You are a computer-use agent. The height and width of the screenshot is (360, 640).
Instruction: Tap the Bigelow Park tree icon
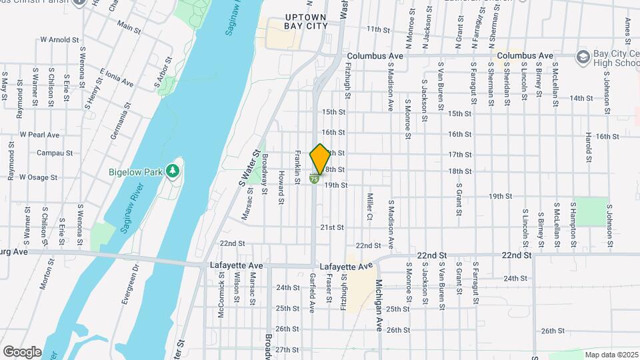click(x=173, y=171)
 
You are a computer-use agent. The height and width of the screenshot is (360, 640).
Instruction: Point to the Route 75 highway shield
click(x=314, y=179)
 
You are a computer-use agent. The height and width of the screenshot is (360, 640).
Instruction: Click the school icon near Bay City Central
click(x=583, y=55)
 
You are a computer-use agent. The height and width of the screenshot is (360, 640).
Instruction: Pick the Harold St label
click(x=589, y=147)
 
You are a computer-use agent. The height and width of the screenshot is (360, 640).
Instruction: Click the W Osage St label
click(x=41, y=177)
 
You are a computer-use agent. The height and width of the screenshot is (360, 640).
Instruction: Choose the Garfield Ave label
click(x=312, y=293)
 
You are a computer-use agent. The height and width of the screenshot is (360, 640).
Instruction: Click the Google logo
click(x=22, y=351)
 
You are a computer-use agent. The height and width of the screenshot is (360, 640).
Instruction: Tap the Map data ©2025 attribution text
click(x=611, y=355)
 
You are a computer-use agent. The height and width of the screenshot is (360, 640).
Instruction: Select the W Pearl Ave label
click(x=39, y=135)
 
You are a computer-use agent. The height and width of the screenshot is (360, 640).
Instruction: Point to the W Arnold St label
click(x=60, y=40)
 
